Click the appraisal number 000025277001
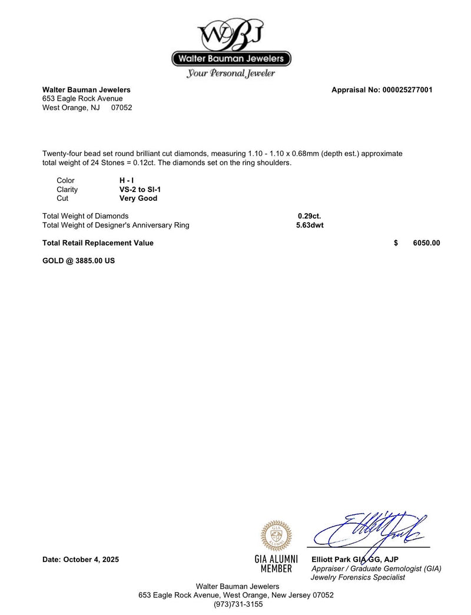[407, 90]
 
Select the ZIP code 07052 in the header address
[121, 108]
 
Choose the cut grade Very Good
[138, 199]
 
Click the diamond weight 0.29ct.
[309, 216]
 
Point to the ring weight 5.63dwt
[310, 225]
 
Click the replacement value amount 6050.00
[426, 243]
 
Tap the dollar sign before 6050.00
[396, 243]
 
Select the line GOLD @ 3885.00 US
[78, 260]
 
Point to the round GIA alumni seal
[276, 535]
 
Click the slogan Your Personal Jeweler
[231, 74]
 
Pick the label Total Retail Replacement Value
[98, 243]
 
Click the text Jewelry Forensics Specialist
[357, 577]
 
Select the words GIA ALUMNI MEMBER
[276, 564]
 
